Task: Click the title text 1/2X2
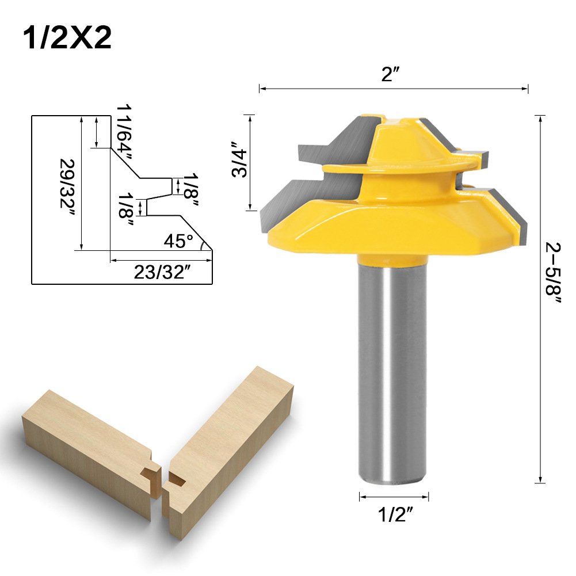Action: tap(67, 38)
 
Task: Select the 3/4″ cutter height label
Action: tap(236, 159)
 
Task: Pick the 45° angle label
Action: tap(178, 241)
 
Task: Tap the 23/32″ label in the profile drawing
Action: tap(162, 272)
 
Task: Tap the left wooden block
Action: tap(86, 449)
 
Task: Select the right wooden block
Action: tap(230, 437)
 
